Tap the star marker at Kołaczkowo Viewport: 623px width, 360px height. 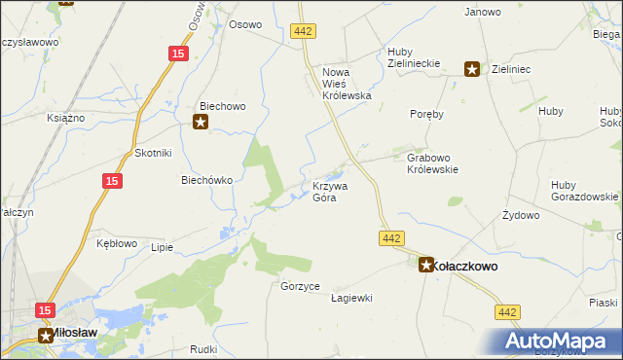pyautogui.click(x=426, y=264)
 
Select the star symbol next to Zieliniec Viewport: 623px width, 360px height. pyautogui.click(x=472, y=68)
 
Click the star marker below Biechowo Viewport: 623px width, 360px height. pyautogui.click(x=201, y=122)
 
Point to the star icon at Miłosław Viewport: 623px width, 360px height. pyautogui.click(x=47, y=336)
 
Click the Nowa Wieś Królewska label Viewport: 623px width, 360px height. pyautogui.click(x=348, y=83)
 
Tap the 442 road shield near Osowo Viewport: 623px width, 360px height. pyautogui.click(x=303, y=32)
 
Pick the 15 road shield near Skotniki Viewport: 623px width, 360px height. pyautogui.click(x=112, y=180)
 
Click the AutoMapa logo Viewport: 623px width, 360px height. pyautogui.click(x=560, y=341)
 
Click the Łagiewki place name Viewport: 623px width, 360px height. pyautogui.click(x=352, y=298)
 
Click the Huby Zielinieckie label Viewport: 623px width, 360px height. pyautogui.click(x=414, y=57)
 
